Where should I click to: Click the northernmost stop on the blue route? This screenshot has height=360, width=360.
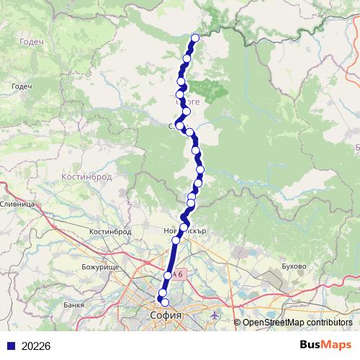pyautogui.click(x=195, y=37)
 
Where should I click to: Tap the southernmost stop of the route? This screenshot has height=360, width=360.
pyautogui.click(x=165, y=303)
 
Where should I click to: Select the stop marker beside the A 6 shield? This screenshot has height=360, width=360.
pyautogui.click(x=168, y=275)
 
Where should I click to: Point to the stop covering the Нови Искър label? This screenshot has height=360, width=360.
pyautogui.click(x=184, y=228)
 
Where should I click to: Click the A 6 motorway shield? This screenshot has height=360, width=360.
pyautogui.click(x=179, y=274)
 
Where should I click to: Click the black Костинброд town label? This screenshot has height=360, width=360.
pyautogui.click(x=110, y=232)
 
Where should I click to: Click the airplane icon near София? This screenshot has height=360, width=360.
pyautogui.click(x=217, y=315)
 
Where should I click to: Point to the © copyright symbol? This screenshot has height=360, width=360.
pyautogui.click(x=238, y=323)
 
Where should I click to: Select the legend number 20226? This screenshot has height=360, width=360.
pyautogui.click(x=36, y=346)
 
